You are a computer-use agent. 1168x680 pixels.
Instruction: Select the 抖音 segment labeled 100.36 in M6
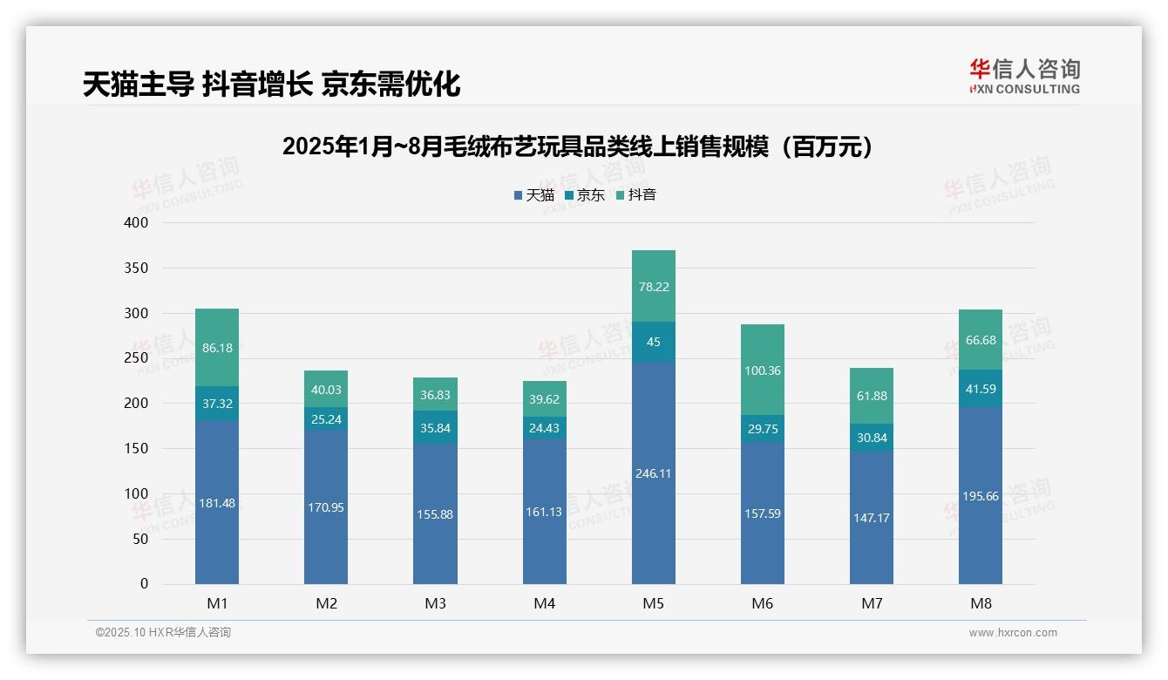[763, 370]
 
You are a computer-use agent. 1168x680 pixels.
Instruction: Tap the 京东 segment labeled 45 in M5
[653, 342]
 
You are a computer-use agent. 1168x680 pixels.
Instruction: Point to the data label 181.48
[217, 503]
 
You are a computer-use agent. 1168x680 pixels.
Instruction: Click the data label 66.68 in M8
[981, 339]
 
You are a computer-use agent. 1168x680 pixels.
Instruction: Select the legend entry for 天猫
[533, 195]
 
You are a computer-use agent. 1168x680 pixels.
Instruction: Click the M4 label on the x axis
[544, 603]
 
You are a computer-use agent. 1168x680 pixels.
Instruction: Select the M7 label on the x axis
[872, 603]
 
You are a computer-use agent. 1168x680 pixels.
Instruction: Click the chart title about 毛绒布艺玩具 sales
[578, 146]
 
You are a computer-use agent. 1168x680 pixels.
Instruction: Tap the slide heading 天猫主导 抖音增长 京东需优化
[271, 84]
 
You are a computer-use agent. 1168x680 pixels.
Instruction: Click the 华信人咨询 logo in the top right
[1024, 76]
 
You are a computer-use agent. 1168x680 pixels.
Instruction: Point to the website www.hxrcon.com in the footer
[1013, 633]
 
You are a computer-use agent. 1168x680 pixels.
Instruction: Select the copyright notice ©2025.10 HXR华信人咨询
[163, 633]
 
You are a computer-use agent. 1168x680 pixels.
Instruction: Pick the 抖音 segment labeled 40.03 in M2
[326, 389]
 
